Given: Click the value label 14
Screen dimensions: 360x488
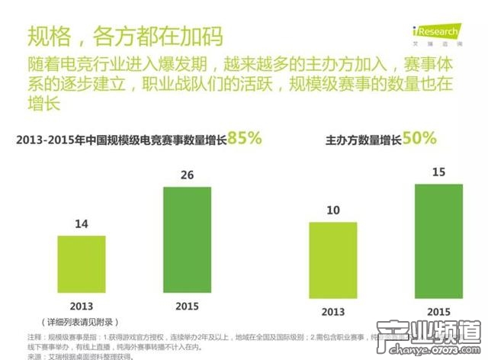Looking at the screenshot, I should [82, 225].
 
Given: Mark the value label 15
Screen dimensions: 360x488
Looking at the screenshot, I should [438, 172].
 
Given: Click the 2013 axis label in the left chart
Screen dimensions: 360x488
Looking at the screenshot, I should [82, 307].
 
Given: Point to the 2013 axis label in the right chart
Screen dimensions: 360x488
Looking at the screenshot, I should [332, 312].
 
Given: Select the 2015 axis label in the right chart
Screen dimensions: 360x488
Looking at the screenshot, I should [438, 312].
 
